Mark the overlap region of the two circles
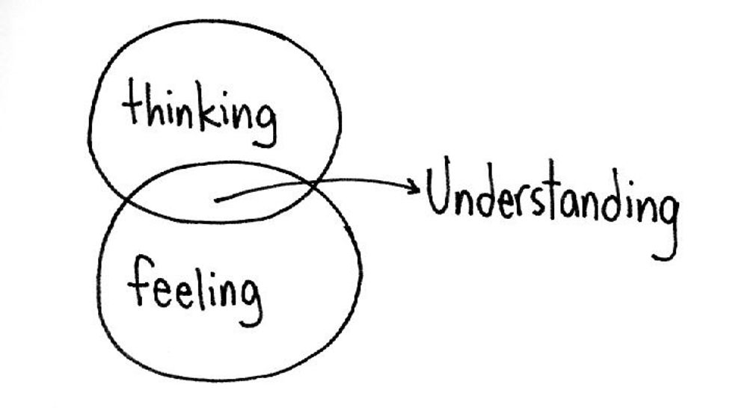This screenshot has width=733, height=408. (217, 193)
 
